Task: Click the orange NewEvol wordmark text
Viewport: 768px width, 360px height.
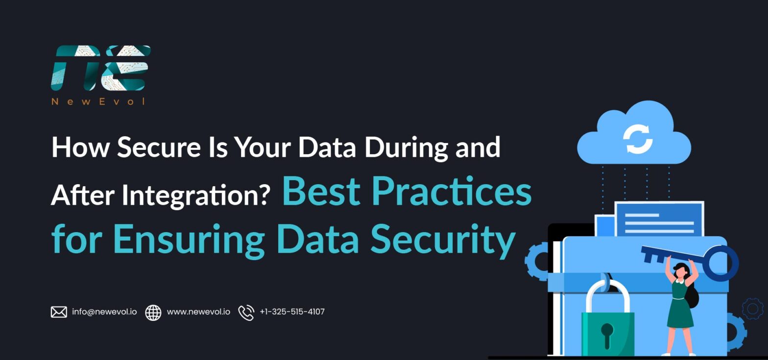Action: click(x=98, y=101)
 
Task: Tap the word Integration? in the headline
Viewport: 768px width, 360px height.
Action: click(x=196, y=195)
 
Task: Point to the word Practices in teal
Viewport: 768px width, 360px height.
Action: click(x=452, y=191)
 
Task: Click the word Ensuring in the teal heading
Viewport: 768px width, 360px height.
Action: click(x=189, y=239)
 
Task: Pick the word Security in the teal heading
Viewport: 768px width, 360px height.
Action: click(x=442, y=239)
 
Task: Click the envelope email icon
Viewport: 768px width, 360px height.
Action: click(x=59, y=312)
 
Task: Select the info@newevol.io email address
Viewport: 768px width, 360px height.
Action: click(x=104, y=312)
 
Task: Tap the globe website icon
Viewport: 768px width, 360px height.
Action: click(x=153, y=312)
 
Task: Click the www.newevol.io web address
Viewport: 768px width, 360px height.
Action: click(x=198, y=312)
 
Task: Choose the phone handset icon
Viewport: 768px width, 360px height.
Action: click(x=246, y=312)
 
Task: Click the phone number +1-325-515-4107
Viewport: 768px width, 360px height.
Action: click(x=292, y=312)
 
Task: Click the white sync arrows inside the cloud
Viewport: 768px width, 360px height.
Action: click(x=638, y=139)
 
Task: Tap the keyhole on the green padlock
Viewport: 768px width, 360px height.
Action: click(x=607, y=334)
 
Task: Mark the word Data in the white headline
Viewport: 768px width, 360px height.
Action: click(x=327, y=146)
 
